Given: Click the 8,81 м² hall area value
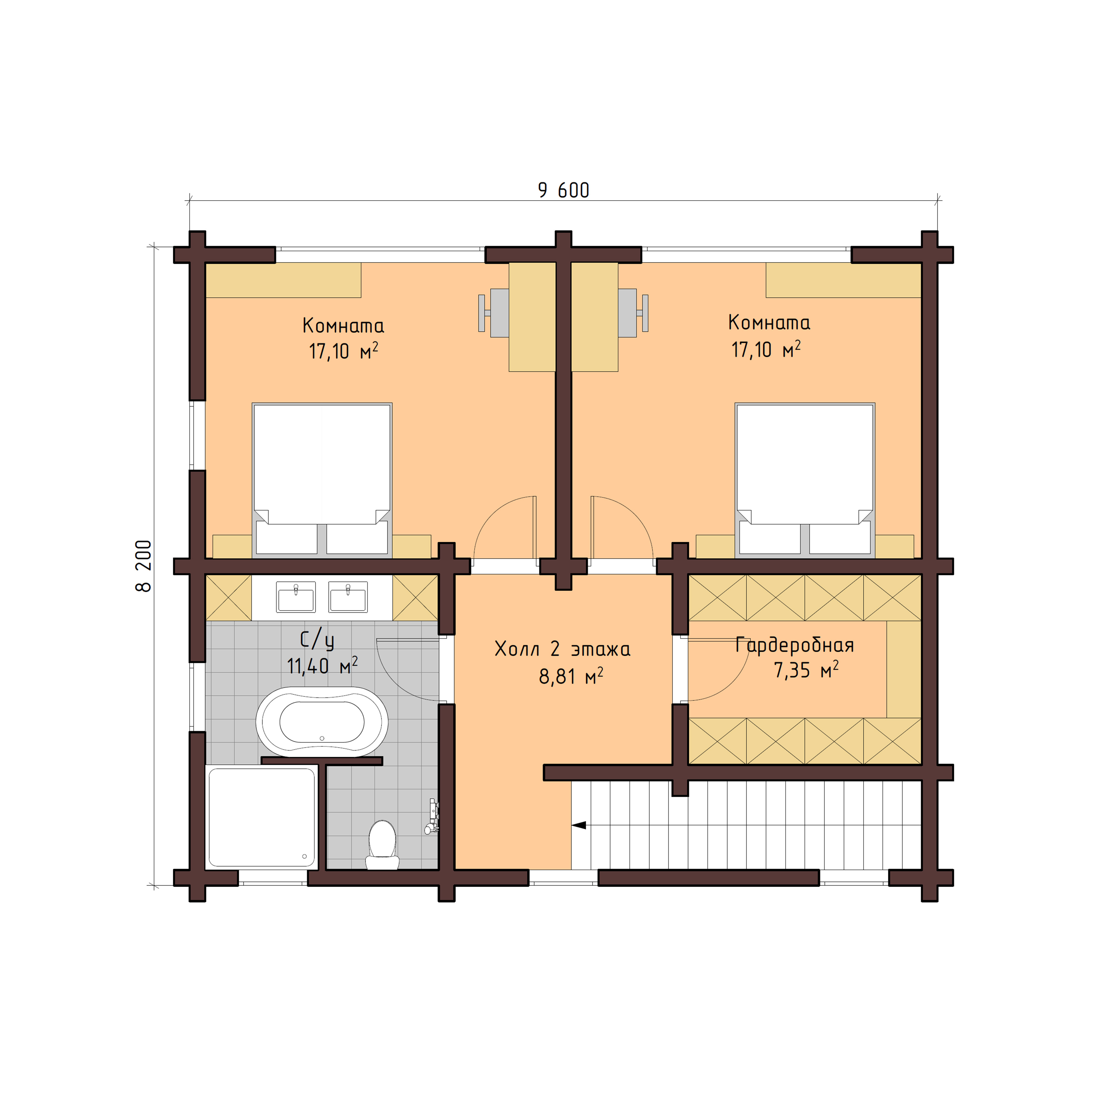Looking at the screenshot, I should click(571, 676).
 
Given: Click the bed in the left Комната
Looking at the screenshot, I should click(322, 477).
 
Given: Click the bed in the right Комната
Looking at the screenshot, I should click(805, 477).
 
